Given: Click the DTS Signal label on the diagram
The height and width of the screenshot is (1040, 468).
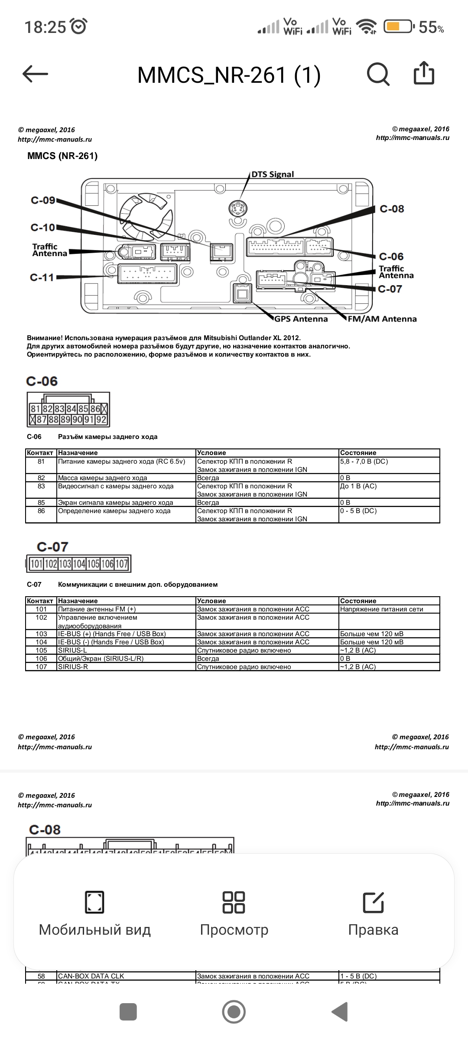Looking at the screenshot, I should [x=273, y=174].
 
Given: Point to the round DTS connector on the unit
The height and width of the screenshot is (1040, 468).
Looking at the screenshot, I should [x=237, y=209].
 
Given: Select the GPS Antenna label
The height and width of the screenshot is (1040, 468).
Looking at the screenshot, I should [x=301, y=319].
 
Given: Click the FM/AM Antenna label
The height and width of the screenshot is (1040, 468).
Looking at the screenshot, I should [x=382, y=319].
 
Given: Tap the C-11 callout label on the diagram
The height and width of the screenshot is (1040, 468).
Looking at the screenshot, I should [x=42, y=277].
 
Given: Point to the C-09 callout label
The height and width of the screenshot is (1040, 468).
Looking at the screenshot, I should [x=43, y=200].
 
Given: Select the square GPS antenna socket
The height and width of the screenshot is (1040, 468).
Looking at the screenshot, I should [x=242, y=295].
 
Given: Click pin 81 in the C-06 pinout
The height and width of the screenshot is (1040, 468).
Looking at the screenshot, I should [x=36, y=409].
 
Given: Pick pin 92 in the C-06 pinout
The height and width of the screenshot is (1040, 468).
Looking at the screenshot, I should [x=101, y=419].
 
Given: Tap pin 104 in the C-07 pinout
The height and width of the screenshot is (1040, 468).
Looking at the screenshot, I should [x=79, y=564].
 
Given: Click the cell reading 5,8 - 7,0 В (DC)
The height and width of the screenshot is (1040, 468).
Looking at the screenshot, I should [x=364, y=461].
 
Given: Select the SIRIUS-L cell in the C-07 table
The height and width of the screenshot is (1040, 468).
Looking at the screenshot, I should [x=69, y=650].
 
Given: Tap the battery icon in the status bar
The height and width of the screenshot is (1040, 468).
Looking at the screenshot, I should [x=397, y=27].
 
